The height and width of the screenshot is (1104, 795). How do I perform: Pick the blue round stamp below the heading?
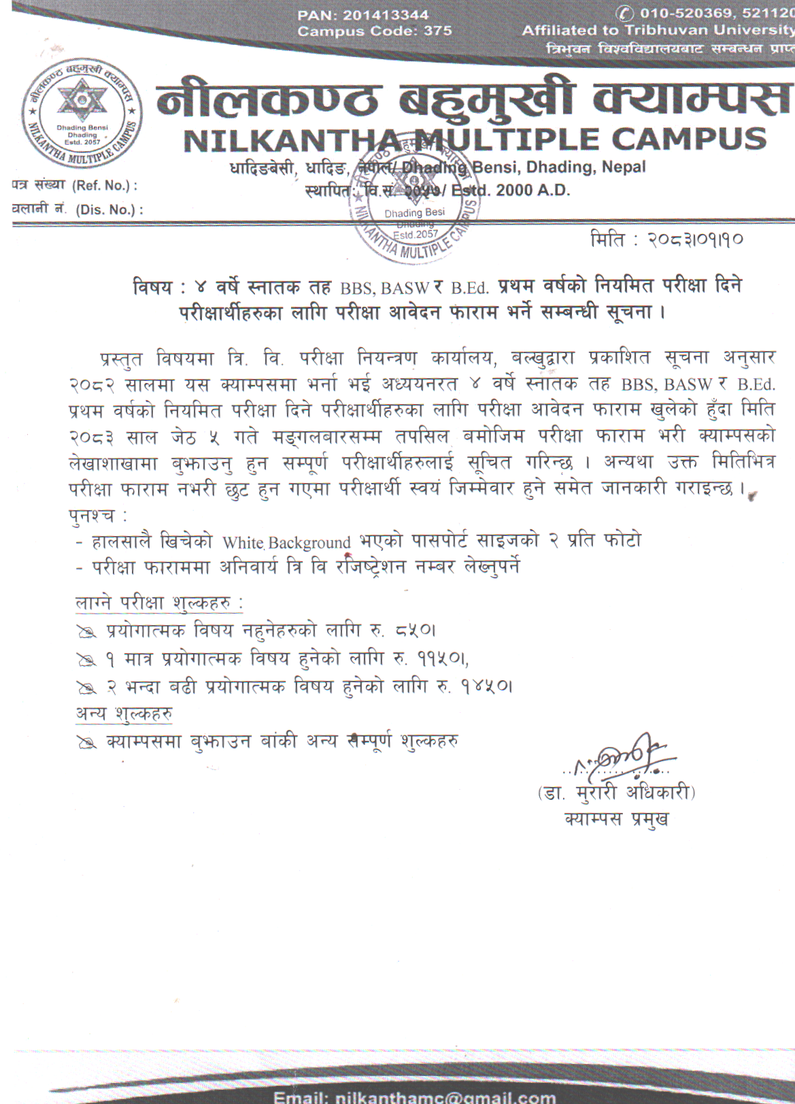(x=413, y=204)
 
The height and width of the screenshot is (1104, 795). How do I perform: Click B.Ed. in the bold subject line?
(x=470, y=288)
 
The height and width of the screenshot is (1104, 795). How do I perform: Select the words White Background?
(x=286, y=543)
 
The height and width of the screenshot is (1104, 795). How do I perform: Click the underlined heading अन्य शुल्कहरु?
(x=124, y=714)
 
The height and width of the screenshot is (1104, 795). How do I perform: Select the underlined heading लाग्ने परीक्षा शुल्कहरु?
(x=159, y=603)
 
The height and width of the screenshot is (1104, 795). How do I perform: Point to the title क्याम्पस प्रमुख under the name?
(x=616, y=818)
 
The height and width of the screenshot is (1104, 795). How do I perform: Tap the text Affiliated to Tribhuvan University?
(x=657, y=31)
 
